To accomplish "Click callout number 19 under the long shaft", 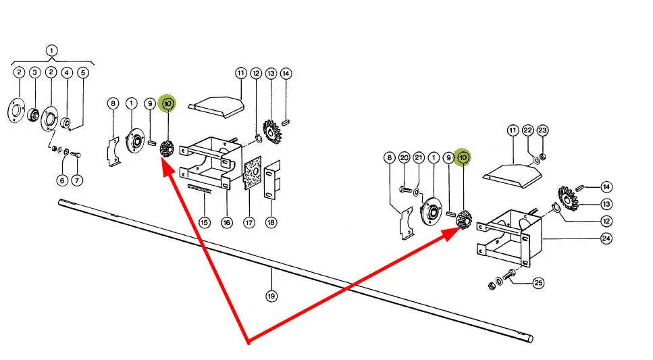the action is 271,297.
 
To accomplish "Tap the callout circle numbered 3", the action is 34,72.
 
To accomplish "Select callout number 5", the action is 83,73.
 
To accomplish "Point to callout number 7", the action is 76,180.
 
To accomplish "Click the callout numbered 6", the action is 62,180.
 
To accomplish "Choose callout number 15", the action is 204,222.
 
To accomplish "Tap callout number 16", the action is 226,222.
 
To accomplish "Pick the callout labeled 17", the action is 249,222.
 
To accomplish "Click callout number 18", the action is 271,222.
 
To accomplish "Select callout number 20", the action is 404,157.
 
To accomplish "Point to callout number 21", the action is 419,157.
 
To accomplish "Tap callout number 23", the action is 542,130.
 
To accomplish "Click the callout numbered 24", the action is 606,238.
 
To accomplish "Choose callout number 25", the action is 538,283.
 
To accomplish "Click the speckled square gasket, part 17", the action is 253,172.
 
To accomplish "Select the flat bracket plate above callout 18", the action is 272,180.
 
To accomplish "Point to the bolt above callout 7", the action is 76,155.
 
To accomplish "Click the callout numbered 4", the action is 67,73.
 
